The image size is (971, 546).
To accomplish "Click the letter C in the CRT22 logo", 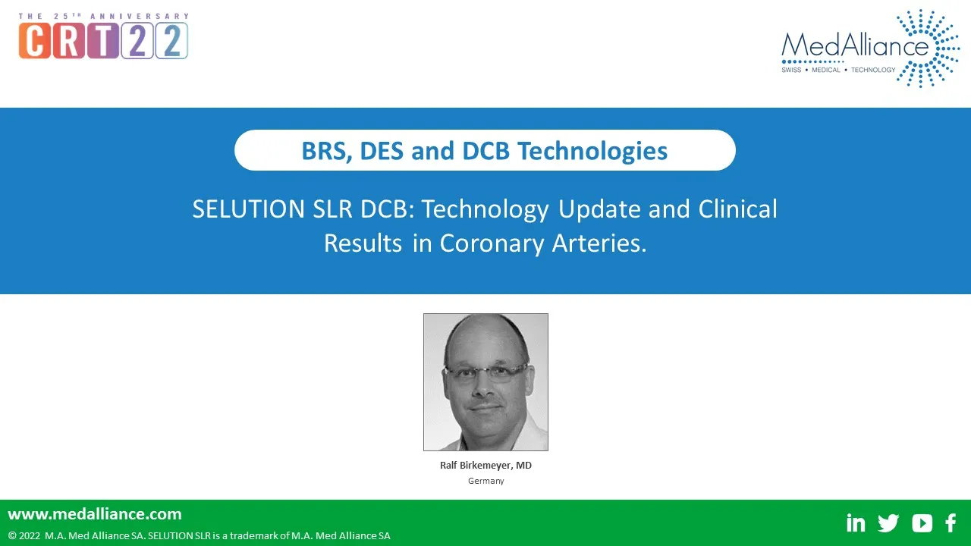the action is [35, 40].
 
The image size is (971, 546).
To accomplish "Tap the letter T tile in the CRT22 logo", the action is [103, 40].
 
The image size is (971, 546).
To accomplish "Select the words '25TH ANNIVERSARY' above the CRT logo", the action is [121, 16].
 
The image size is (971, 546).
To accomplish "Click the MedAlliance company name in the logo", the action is [855, 45].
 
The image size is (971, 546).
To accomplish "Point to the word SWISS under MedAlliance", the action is [791, 70].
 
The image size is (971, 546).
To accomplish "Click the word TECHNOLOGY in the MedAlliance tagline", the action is [873, 70].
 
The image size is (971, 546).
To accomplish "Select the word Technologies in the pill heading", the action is [592, 152].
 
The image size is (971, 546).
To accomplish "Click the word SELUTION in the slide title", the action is [248, 209].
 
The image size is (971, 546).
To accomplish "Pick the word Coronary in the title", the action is [492, 244].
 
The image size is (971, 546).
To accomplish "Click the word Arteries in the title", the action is [599, 243].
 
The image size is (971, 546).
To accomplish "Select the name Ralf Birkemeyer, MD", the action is [485, 466].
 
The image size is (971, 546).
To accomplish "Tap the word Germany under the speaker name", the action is [486, 481].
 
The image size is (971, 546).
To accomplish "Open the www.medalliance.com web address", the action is [95, 514].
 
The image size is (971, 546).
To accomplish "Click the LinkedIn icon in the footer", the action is [855, 522].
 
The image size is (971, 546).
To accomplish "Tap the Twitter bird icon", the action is [888, 523].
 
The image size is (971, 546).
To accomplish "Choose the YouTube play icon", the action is [922, 523].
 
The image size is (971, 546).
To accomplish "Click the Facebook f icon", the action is [951, 523].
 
